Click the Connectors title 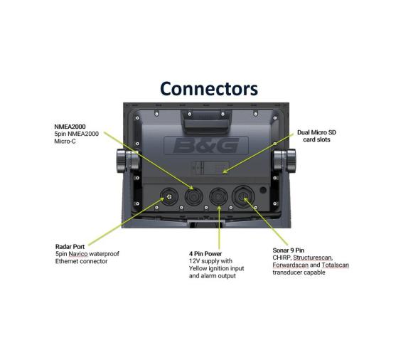tap(208, 88)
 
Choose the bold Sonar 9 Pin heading tap(289, 250)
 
